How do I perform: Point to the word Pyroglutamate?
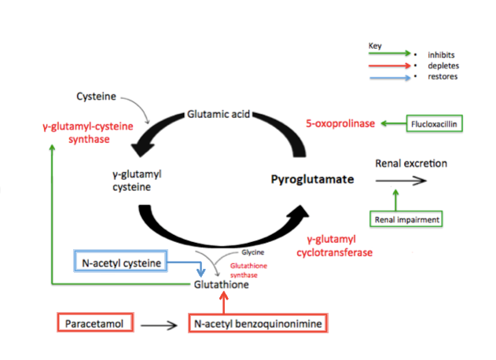[x=312, y=179]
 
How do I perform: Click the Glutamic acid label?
[x=219, y=114]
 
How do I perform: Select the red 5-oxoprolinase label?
[x=340, y=123]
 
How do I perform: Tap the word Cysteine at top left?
[x=96, y=96]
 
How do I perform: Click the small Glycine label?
[x=253, y=252]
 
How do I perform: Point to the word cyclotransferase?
[x=334, y=252]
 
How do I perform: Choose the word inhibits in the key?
[x=441, y=55]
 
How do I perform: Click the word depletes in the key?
[x=443, y=66]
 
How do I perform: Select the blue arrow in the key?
[x=390, y=78]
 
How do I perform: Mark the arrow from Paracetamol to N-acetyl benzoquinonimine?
[x=159, y=325]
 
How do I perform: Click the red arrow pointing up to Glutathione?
[x=224, y=303]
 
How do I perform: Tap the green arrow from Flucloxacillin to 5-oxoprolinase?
[x=394, y=123]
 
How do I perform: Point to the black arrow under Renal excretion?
[x=401, y=181]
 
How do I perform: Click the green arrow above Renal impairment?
[x=395, y=200]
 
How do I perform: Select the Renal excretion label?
[x=411, y=163]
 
